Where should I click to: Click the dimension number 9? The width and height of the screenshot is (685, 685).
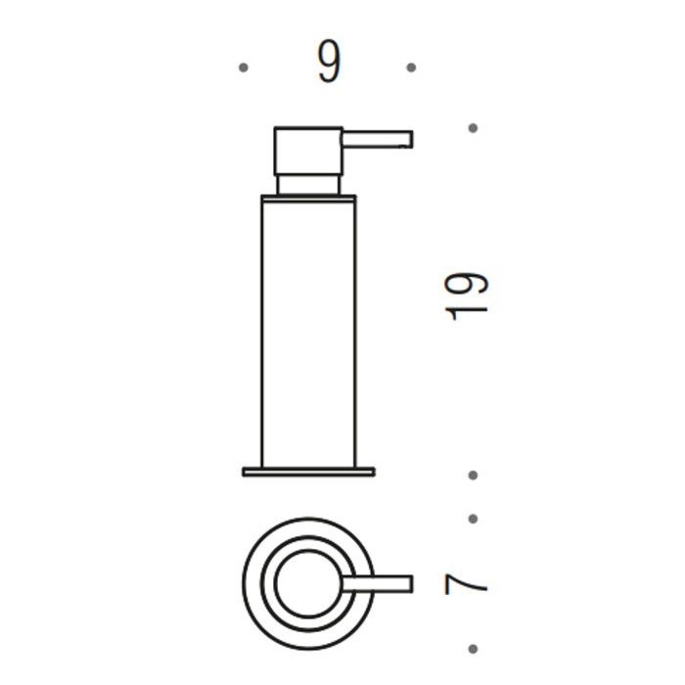click(329, 64)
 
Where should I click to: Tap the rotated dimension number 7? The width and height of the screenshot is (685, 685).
click(466, 584)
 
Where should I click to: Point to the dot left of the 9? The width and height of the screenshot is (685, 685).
click(243, 68)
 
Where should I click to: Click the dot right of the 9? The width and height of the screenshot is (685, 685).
click(411, 68)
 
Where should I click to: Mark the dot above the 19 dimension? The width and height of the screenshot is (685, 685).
click(473, 128)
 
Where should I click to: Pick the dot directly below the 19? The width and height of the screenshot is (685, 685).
click(473, 476)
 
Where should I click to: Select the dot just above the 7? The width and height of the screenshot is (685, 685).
click(473, 519)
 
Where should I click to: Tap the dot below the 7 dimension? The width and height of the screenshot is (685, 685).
click(473, 648)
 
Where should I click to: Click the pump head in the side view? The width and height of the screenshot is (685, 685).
click(308, 151)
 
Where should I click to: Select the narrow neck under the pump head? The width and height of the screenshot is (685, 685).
click(308, 185)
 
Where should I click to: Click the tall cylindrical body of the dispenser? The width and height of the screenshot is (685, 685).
click(308, 333)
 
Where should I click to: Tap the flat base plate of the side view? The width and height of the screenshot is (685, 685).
click(308, 472)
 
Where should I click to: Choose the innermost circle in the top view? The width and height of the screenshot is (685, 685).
click(306, 584)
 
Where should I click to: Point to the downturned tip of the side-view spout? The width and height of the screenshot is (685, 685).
click(407, 140)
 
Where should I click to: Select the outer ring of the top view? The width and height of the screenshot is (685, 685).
click(252, 584)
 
